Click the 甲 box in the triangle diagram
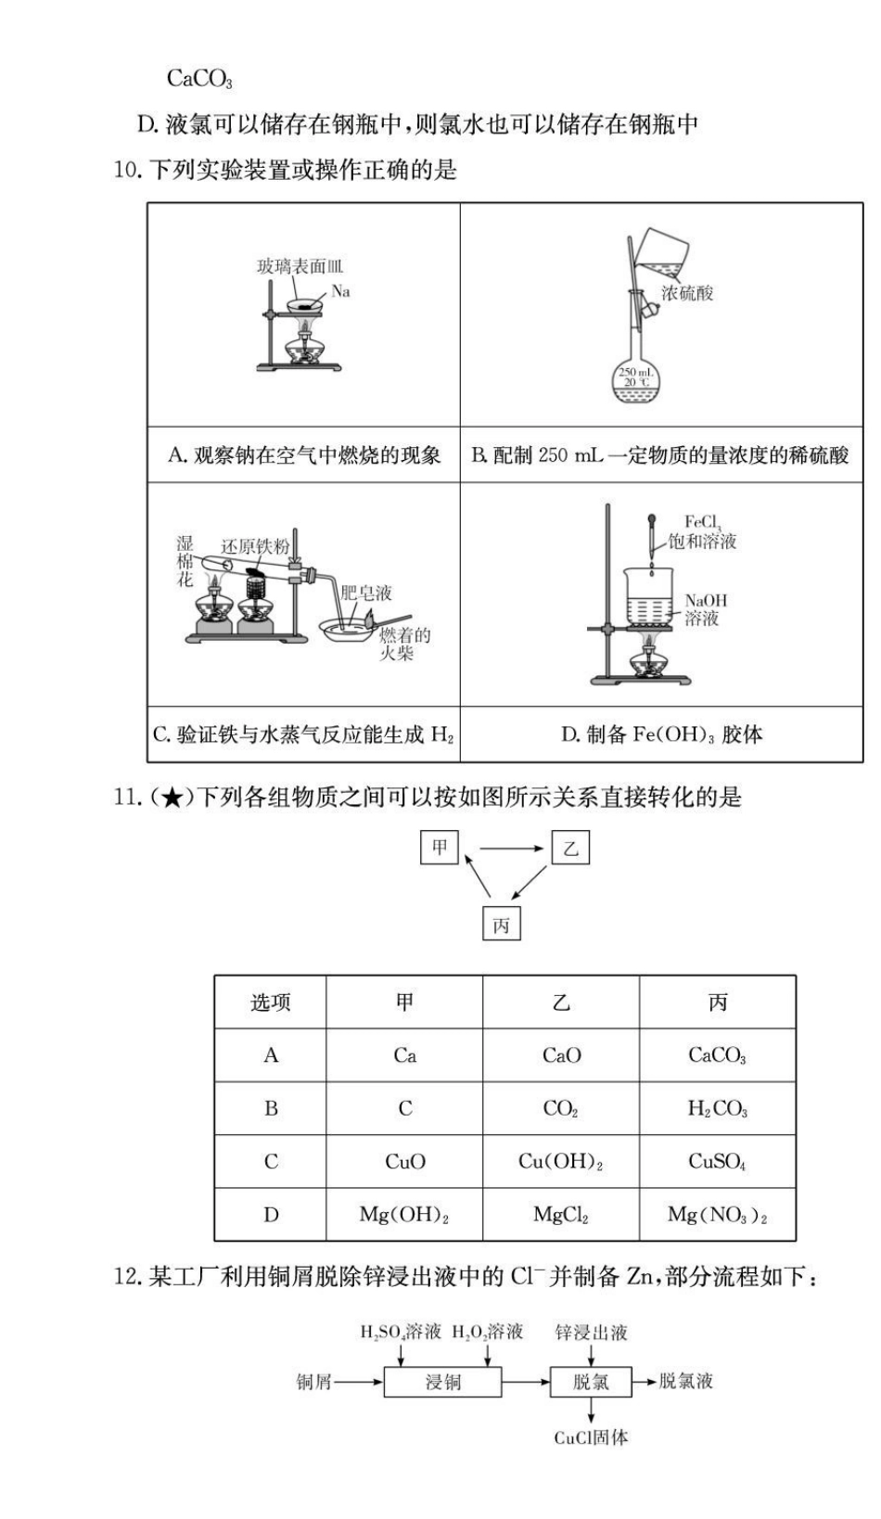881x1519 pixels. click(x=440, y=848)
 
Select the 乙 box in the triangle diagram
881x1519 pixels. click(x=570, y=848)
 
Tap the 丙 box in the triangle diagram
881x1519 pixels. click(x=501, y=925)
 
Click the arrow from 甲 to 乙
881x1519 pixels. click(x=511, y=848)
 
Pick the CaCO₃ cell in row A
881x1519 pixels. click(x=717, y=1055)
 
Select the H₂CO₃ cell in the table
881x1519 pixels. click(x=717, y=1109)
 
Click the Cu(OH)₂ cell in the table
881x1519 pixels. click(x=560, y=1162)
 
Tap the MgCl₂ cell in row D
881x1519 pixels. click(x=560, y=1215)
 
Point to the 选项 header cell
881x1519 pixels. click(x=271, y=1002)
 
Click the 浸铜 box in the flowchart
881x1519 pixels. click(x=442, y=1382)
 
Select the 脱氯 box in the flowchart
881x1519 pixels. click(x=591, y=1382)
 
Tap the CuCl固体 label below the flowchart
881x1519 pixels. click(x=591, y=1437)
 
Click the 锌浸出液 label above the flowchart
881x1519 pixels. click(x=591, y=1333)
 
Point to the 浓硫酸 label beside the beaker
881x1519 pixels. click(x=687, y=293)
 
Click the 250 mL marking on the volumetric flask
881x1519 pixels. click(x=636, y=373)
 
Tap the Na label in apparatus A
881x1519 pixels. click(x=340, y=292)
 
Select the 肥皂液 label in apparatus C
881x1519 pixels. click(x=365, y=593)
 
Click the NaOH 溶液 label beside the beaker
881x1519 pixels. click(x=706, y=609)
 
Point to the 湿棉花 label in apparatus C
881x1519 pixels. click(x=185, y=561)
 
